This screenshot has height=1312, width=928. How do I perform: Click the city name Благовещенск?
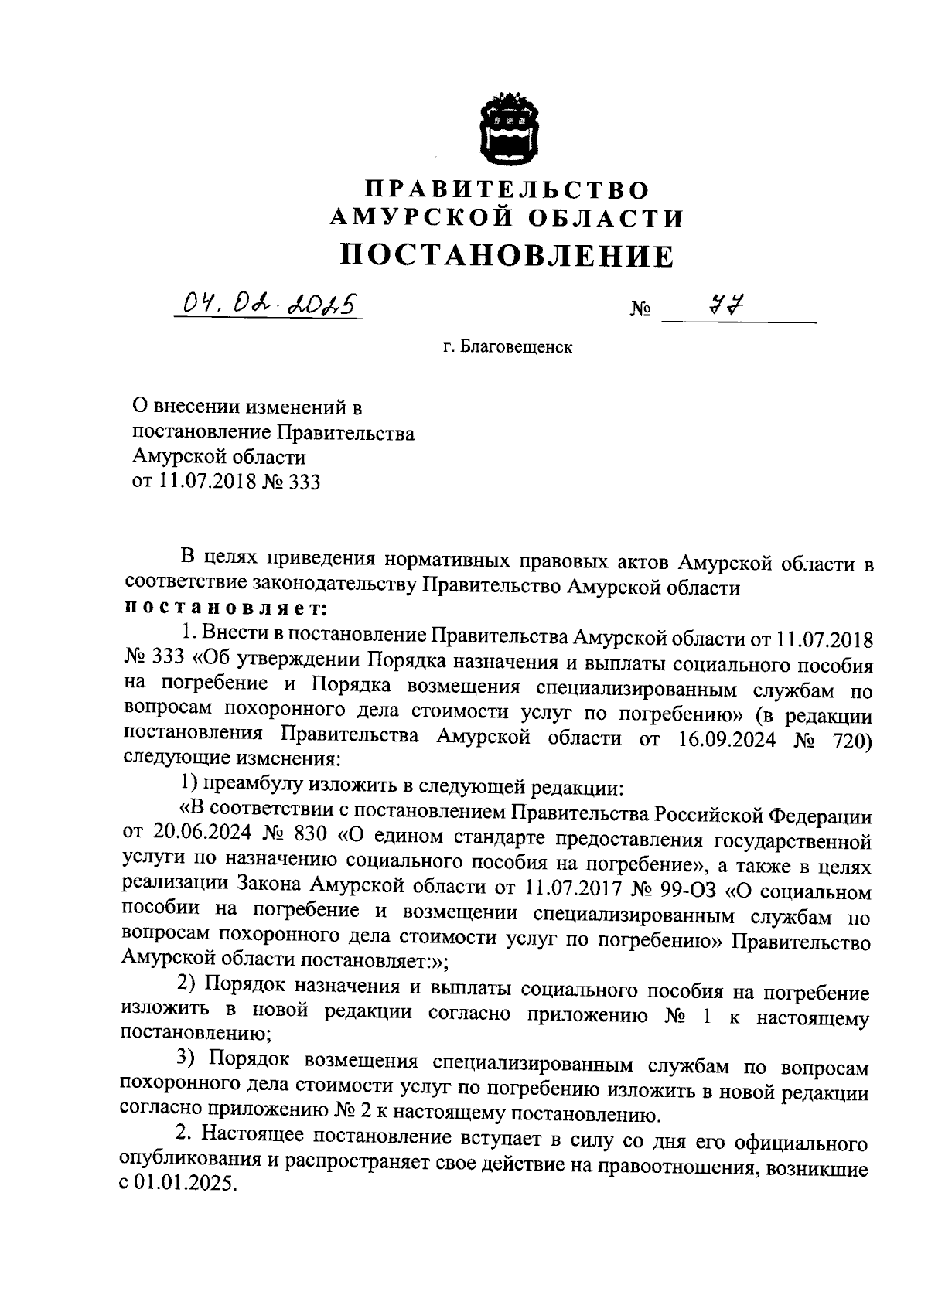tap(507, 348)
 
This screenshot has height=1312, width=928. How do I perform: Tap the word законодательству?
tap(334, 586)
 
